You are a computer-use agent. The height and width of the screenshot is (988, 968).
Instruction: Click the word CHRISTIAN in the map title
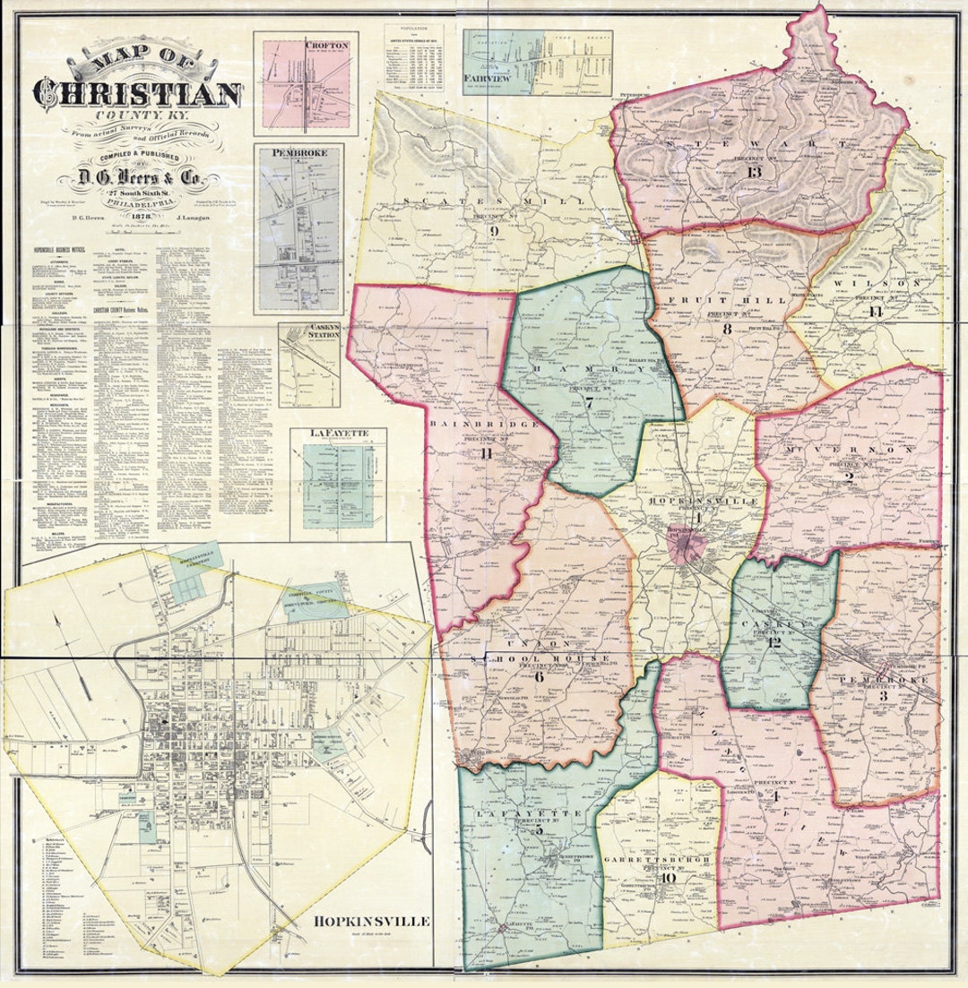137,92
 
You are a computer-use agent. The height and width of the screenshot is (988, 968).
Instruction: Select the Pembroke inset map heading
301,153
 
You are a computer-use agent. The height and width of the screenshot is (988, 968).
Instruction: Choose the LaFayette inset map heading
336,434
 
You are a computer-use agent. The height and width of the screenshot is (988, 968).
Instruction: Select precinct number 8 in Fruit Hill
726,329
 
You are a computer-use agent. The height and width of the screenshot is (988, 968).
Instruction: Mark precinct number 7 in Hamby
589,404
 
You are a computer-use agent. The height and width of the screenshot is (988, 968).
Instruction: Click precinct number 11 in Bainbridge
487,453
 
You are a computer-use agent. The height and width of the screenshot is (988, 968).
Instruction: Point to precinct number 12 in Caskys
774,642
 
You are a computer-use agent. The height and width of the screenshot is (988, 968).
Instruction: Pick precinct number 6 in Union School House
539,677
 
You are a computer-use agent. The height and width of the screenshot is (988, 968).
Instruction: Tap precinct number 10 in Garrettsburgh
668,878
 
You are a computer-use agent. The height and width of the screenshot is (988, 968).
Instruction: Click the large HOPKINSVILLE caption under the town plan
372,921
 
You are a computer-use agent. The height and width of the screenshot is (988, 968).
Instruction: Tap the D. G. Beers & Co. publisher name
136,179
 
